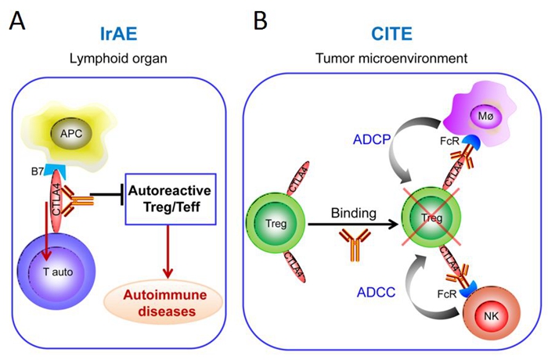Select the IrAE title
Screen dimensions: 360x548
(120, 34)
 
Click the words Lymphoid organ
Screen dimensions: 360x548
(120, 57)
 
